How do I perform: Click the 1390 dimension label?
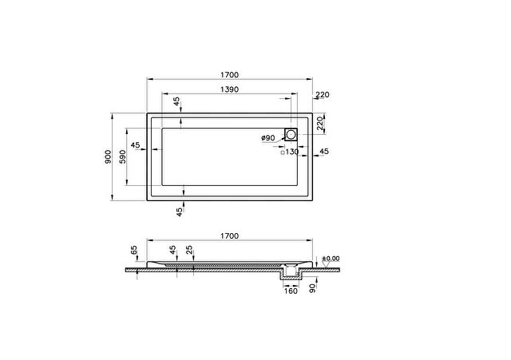(229, 89)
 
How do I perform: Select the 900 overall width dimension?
(108, 156)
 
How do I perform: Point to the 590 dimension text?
(122, 156)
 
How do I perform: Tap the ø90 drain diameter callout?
(268, 138)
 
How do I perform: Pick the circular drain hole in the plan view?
(291, 133)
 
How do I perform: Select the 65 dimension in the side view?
(133, 250)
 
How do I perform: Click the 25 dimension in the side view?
(189, 250)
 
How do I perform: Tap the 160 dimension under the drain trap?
(291, 291)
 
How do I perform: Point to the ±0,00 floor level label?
(331, 259)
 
